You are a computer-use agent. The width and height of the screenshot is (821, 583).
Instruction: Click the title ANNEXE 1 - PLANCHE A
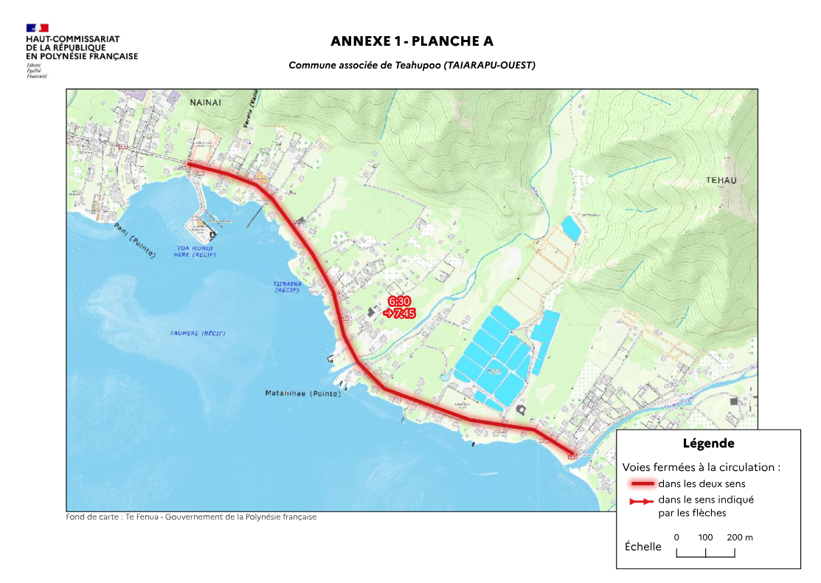(x=412, y=41)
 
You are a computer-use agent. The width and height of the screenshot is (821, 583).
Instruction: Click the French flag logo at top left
(x=37, y=28)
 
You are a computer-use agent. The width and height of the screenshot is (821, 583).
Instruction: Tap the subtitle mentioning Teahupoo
(x=412, y=66)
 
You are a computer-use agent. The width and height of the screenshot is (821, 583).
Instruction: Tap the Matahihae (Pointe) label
(x=303, y=394)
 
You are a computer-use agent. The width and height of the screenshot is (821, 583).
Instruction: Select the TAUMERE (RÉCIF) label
(x=198, y=334)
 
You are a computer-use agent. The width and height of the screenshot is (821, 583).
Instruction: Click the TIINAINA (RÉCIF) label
(x=286, y=286)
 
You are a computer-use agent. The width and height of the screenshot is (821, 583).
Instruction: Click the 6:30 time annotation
(x=399, y=302)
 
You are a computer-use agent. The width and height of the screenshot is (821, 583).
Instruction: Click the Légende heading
(x=708, y=444)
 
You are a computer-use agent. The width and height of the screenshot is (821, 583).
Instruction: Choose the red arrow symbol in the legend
(x=642, y=501)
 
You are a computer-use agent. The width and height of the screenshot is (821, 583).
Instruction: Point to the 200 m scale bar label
(x=739, y=537)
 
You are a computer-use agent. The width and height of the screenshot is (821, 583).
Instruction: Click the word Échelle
(x=642, y=547)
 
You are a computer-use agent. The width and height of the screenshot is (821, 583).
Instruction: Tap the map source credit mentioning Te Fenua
(x=191, y=517)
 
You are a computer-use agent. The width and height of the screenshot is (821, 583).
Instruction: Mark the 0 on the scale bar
(x=676, y=537)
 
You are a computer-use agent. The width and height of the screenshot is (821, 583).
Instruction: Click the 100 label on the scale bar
(x=705, y=537)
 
